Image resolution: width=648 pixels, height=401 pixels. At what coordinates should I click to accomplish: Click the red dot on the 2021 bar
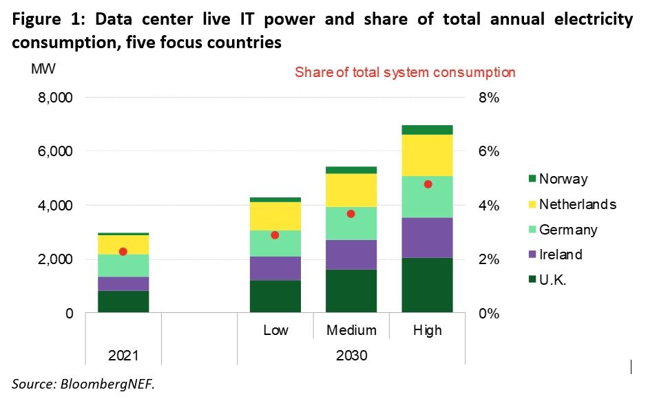tap(123, 252)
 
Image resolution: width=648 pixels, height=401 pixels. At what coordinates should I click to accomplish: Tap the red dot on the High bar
tap(428, 184)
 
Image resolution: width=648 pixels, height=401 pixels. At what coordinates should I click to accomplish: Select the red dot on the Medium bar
tap(351, 214)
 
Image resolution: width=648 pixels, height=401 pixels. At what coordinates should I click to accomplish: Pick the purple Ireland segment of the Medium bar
tap(351, 254)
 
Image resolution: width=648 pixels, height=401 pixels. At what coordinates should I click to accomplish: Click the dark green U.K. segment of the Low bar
tap(275, 296)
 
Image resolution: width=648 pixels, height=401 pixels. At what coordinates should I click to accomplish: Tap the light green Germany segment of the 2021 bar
tap(123, 265)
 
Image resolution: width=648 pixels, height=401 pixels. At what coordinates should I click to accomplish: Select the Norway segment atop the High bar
tap(428, 130)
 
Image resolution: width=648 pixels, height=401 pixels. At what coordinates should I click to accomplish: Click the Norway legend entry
tap(563, 180)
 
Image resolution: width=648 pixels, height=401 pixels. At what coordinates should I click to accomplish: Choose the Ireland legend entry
tap(561, 255)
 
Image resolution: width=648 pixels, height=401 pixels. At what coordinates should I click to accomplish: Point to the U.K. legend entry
tap(553, 281)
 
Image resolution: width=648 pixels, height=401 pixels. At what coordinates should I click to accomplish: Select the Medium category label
tap(351, 331)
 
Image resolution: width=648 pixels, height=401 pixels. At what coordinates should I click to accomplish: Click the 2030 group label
tap(351, 356)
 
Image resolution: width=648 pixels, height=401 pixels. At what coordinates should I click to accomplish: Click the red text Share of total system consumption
tap(405, 72)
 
